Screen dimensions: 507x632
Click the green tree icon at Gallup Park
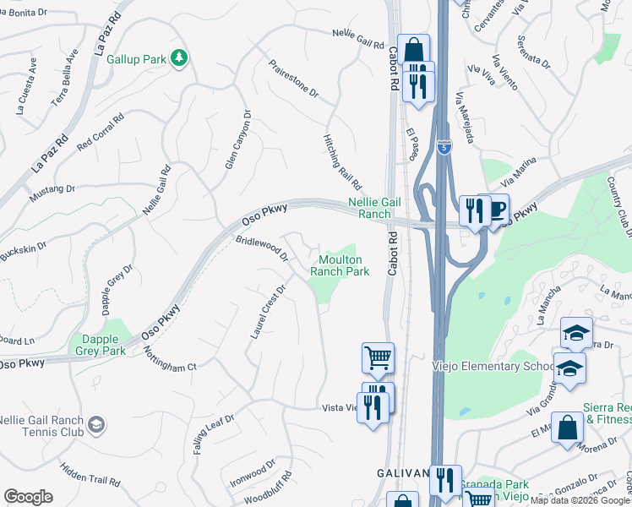tap(178, 57)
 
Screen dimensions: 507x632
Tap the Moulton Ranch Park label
tap(340, 265)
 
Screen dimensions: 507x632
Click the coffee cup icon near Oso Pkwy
tap(497, 210)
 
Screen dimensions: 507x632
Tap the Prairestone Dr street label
tap(293, 78)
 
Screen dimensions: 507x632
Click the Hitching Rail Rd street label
tap(342, 161)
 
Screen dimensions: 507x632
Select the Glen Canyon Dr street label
tap(237, 139)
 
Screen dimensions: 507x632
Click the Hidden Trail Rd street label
tap(90, 474)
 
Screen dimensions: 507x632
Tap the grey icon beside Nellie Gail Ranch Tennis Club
tap(96, 423)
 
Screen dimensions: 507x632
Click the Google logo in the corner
tap(28, 497)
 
